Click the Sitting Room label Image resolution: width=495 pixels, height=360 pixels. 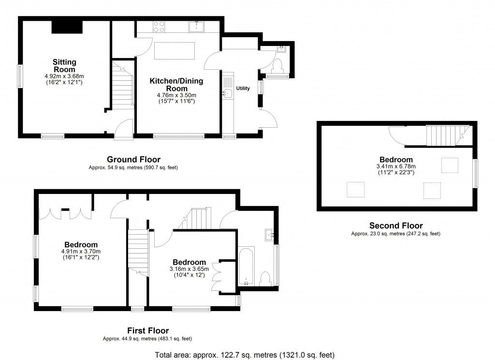click(x=65, y=66)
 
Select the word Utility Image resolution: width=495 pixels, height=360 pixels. click(x=243, y=89)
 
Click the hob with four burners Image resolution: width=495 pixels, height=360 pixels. click(x=160, y=26)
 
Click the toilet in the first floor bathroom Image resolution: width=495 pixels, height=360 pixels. click(x=265, y=279)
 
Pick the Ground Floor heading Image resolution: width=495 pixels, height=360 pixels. click(x=133, y=159)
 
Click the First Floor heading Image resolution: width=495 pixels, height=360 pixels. click(x=148, y=331)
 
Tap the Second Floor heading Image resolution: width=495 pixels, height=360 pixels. click(x=396, y=225)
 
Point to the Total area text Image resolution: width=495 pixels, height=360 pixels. click(x=245, y=355)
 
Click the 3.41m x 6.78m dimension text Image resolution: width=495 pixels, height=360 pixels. click(x=396, y=166)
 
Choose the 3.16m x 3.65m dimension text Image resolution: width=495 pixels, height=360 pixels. click(x=189, y=269)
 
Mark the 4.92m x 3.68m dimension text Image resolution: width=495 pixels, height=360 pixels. click(x=64, y=76)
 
